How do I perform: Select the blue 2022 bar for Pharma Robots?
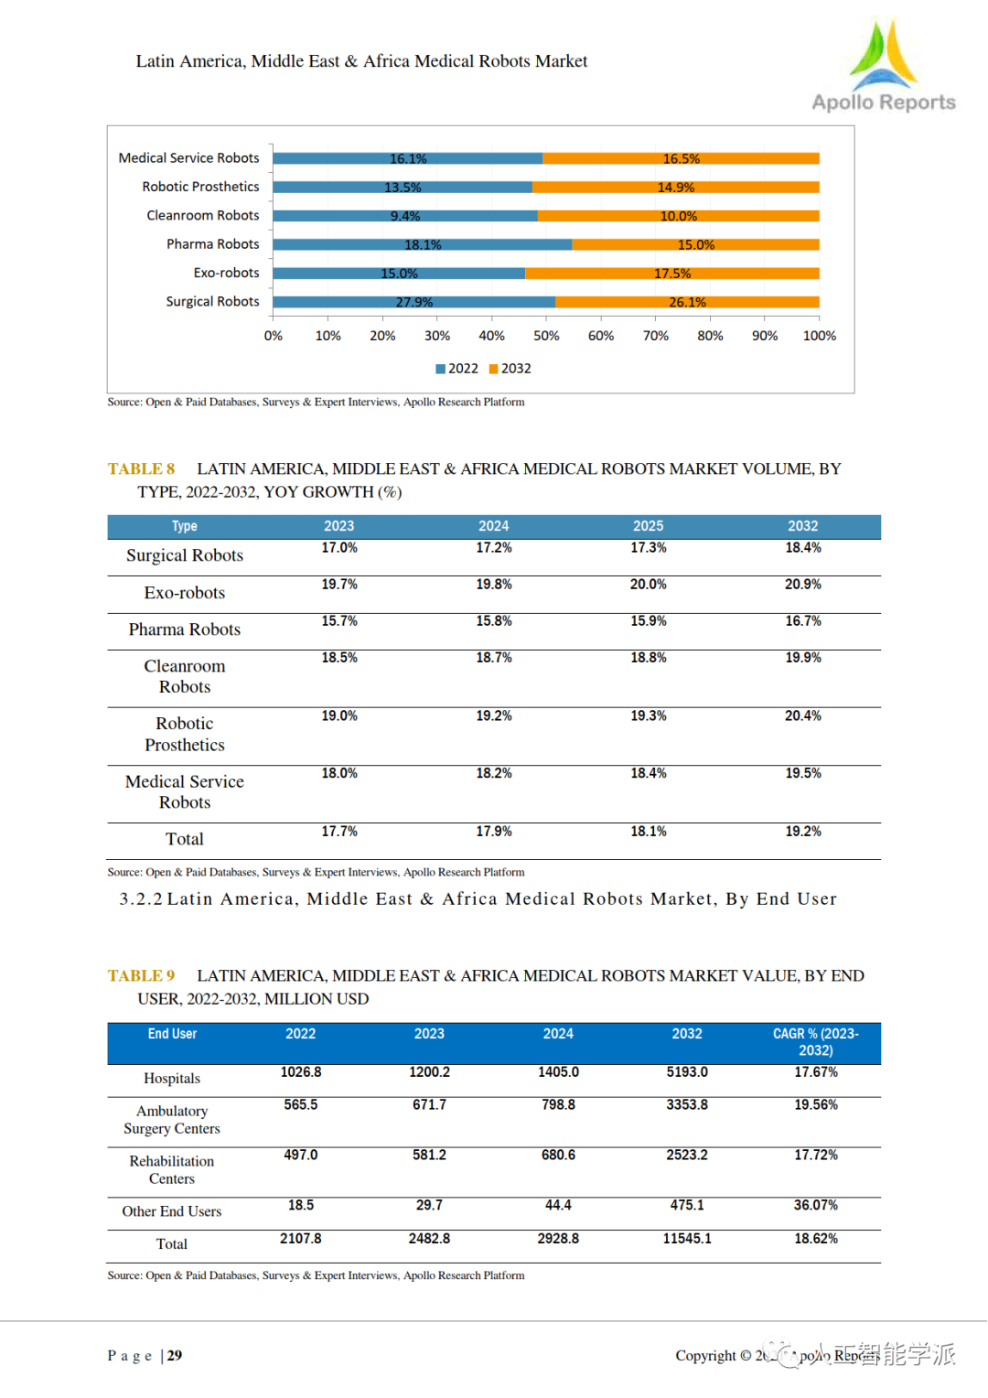[x=422, y=244]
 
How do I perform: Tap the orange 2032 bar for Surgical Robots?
[x=687, y=302]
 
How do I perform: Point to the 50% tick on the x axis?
[x=546, y=336]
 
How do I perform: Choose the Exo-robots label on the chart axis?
[x=226, y=273]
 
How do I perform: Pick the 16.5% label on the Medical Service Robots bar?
[x=681, y=158]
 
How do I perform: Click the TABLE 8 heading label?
[x=141, y=468]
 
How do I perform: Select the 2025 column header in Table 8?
[x=648, y=526]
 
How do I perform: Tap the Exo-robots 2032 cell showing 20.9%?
[x=802, y=584]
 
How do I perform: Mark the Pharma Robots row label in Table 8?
[x=184, y=629]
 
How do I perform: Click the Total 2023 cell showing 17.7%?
[x=339, y=831]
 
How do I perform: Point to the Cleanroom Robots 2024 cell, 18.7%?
[x=493, y=658]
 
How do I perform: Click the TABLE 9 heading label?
[x=141, y=975]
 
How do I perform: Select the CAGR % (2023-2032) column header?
[x=815, y=1042]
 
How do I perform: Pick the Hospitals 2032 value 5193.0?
[x=686, y=1072]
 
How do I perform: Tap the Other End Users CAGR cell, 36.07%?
[x=815, y=1205]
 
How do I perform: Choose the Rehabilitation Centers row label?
[x=172, y=1170]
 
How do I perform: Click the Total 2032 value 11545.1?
[x=686, y=1239]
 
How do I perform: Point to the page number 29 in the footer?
[x=175, y=1355]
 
